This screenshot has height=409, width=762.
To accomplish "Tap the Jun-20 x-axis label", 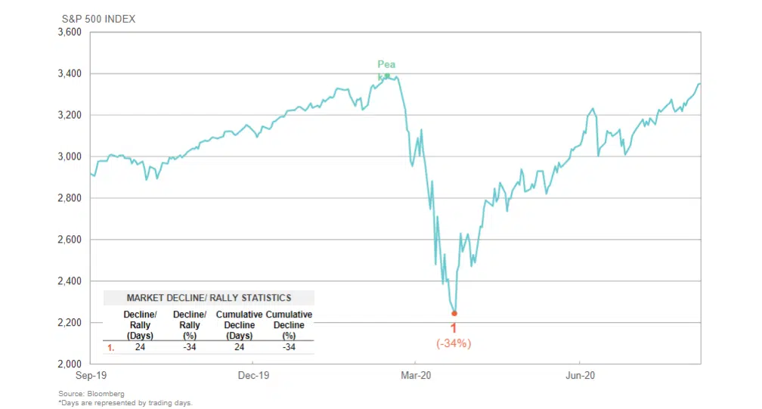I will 578,375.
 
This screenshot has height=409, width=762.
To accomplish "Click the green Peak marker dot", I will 387,76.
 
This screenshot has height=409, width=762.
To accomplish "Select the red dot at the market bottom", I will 454,313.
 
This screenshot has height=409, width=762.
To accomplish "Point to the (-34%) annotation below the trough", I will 454,344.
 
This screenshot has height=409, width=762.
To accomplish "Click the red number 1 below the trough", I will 454,329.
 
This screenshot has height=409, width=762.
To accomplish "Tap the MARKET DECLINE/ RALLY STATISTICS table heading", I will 209,298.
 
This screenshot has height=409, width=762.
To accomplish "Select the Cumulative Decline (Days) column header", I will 239,324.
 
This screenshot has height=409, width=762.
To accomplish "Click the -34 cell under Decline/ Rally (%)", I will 190,348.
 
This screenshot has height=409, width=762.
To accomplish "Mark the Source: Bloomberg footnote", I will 91,394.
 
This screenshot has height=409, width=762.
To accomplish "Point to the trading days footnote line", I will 125,403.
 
